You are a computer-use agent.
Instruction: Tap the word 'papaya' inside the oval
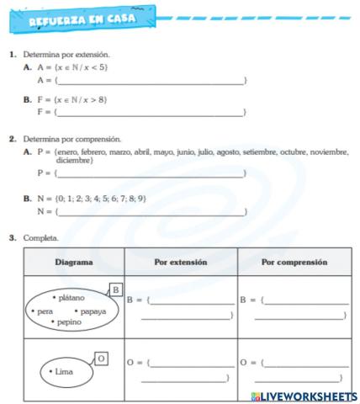coord(93,311)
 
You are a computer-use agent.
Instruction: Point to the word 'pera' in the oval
coord(44,311)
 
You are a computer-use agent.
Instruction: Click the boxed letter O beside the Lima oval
coord(101,359)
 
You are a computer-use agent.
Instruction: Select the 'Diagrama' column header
coord(74,262)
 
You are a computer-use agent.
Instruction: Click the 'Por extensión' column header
coord(180,262)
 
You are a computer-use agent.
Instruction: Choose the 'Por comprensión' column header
coord(294,262)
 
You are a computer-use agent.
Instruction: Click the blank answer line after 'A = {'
coord(151,80)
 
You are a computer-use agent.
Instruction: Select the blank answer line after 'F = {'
coord(151,111)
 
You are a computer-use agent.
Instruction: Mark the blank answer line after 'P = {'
coord(151,173)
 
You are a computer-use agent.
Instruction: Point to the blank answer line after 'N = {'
coord(151,211)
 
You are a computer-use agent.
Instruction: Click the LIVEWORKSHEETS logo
coord(303,396)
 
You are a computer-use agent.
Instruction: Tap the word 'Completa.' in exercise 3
coord(41,238)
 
